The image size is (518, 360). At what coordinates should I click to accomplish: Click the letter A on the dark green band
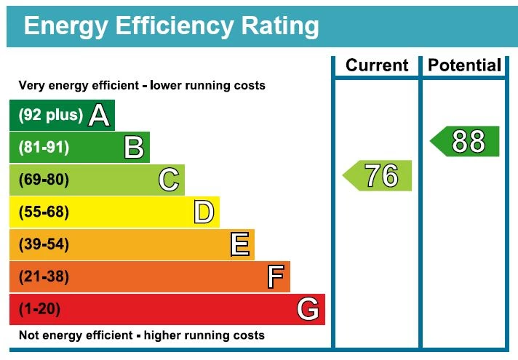(98, 116)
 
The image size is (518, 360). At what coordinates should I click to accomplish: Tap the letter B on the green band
(134, 148)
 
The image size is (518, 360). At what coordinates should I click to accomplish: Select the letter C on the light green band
(169, 180)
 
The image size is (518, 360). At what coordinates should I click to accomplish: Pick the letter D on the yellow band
(204, 212)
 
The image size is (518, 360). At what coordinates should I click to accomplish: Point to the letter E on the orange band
(239, 244)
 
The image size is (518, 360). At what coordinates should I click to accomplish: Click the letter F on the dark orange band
(275, 277)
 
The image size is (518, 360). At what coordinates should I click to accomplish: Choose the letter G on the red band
(308, 310)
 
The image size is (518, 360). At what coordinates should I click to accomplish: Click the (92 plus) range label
(50, 116)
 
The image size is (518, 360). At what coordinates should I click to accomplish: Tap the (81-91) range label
(44, 148)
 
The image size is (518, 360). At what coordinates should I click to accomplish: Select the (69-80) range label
(44, 180)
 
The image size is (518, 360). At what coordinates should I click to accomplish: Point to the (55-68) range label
(44, 212)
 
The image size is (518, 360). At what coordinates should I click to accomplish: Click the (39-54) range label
(44, 244)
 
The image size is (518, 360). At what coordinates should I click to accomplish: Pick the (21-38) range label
(44, 277)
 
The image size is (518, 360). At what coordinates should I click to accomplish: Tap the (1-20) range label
(39, 310)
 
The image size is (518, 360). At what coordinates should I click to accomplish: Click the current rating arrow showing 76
(378, 176)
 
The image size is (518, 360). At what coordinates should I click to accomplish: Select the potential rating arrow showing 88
(466, 141)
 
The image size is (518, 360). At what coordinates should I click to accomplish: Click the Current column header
(377, 65)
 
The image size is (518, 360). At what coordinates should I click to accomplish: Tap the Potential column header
(464, 65)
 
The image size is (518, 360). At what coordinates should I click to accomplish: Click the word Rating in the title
(278, 27)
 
